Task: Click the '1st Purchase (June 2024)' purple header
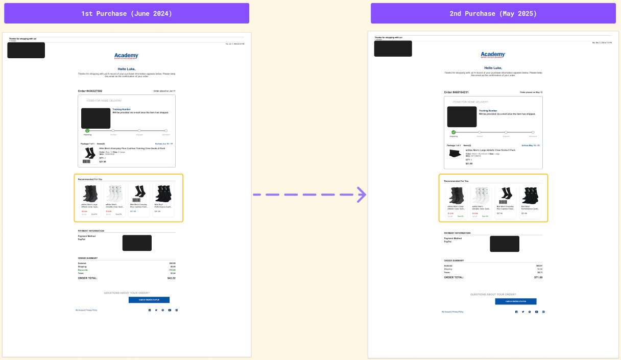point(127,13)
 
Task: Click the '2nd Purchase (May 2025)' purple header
point(493,13)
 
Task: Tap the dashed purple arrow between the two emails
point(309,195)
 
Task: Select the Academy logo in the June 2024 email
point(127,56)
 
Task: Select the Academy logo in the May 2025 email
point(493,55)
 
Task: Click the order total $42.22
point(171,278)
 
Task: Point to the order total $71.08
point(538,277)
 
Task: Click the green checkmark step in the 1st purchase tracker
point(87,131)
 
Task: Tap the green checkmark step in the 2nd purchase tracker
point(453,132)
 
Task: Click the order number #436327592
point(90,91)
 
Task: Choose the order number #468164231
point(456,92)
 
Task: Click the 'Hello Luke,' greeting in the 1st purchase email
point(127,69)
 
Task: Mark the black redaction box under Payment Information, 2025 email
point(505,244)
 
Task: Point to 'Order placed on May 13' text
point(531,92)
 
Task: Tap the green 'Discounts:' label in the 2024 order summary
point(83,270)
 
